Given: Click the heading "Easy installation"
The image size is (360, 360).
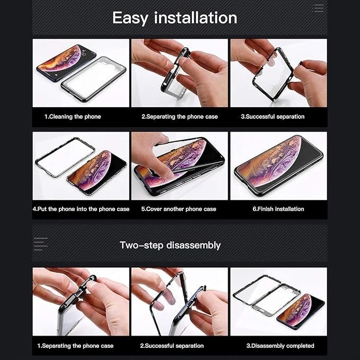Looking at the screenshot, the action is pyautogui.click(x=174, y=18).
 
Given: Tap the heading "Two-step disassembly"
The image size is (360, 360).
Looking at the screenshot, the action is pyautogui.click(x=170, y=245).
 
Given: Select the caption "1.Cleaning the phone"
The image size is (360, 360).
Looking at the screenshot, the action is pyautogui.click(x=73, y=117).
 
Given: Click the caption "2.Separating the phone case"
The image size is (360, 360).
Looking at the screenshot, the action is pyautogui.click(x=180, y=117).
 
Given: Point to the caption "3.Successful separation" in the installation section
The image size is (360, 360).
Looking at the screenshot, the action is pyautogui.click(x=273, y=117).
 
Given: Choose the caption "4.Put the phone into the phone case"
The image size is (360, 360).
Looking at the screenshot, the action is pyautogui.click(x=81, y=209).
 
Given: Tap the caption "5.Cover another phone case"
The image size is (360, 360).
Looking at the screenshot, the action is pyautogui.click(x=179, y=209).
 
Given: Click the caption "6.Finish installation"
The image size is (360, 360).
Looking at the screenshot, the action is pyautogui.click(x=278, y=209).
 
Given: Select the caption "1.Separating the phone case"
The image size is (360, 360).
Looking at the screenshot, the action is pyautogui.click(x=75, y=346).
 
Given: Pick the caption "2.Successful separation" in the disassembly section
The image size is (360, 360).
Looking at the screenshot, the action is pyautogui.click(x=172, y=346).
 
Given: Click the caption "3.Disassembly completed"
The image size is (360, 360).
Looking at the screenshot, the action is pyautogui.click(x=280, y=346).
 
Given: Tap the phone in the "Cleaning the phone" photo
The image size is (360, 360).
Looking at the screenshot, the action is pyautogui.click(x=66, y=62).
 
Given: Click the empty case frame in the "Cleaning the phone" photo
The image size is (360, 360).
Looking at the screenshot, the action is pyautogui.click(x=94, y=79).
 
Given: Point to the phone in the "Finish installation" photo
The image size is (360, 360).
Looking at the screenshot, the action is pyautogui.click(x=278, y=166).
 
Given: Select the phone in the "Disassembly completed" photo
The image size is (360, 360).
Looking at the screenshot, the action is pyautogui.click(x=301, y=312).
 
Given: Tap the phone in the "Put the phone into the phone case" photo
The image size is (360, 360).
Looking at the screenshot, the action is pyautogui.click(x=97, y=173).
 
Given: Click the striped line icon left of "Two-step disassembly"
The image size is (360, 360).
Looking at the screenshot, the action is pyautogui.click(x=41, y=244).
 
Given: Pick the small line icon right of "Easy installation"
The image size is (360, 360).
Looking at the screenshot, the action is pyautogui.click(x=318, y=8).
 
